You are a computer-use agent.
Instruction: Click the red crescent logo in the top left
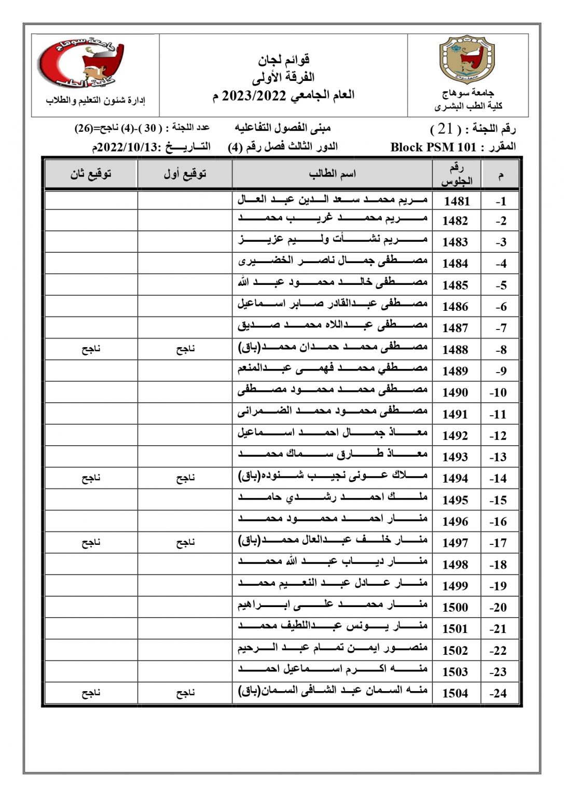[x=80, y=62]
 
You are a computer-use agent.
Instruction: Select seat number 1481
[x=456, y=201]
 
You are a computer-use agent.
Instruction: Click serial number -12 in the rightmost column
[x=498, y=436]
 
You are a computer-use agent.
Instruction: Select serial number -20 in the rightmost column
[x=498, y=607]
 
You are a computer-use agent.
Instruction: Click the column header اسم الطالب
[x=332, y=174]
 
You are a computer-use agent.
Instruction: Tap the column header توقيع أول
[x=185, y=174]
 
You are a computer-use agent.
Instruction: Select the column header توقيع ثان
[x=91, y=174]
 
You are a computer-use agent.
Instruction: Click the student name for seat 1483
[x=333, y=240]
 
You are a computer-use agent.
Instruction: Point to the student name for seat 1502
[x=333, y=648]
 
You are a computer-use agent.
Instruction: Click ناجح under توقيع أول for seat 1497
[x=185, y=543]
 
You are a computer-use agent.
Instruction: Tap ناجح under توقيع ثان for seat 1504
[x=91, y=693]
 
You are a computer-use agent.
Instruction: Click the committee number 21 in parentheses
[x=445, y=129]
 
